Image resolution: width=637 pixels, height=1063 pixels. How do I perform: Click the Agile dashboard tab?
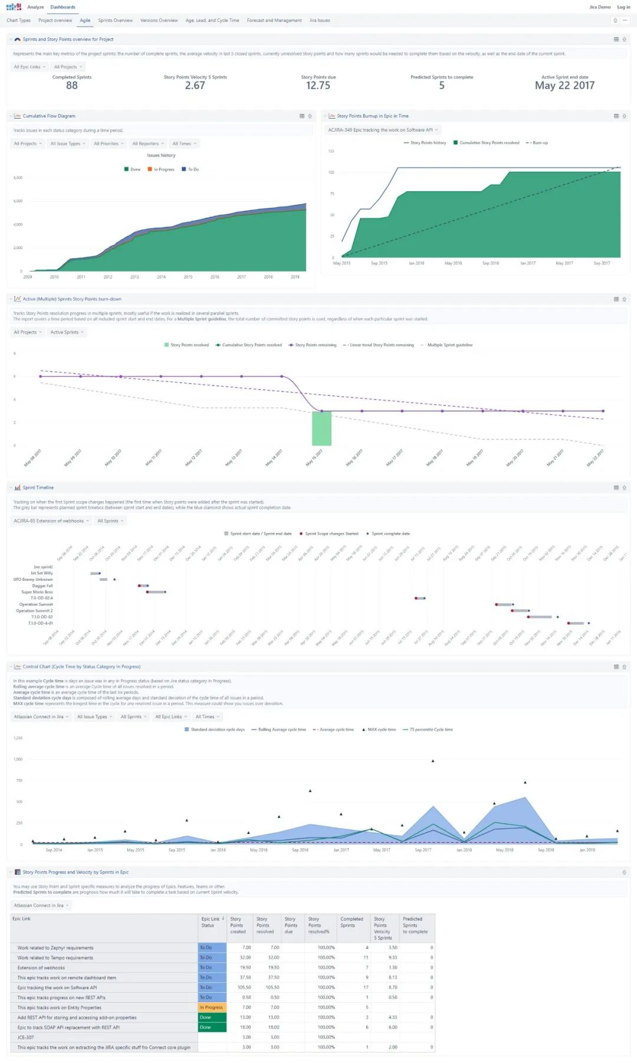click(85, 21)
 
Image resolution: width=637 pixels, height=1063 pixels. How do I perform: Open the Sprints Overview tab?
click(115, 21)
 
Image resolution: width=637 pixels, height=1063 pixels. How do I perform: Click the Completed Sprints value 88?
click(72, 86)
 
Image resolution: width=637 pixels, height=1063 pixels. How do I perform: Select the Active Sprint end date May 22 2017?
click(564, 86)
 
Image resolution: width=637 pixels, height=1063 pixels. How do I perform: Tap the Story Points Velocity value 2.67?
click(195, 86)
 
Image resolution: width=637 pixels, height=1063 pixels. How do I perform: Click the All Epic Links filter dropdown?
click(29, 67)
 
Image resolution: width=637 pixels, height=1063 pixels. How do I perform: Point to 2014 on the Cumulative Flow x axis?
click(161, 277)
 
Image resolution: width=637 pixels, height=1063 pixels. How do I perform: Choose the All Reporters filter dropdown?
click(147, 143)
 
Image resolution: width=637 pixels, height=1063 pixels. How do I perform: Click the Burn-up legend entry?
click(537, 143)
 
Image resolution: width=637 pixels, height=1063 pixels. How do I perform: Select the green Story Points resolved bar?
click(321, 428)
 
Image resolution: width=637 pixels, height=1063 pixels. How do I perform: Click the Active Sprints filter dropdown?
click(67, 332)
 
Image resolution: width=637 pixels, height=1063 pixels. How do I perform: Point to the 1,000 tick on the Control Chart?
click(18, 759)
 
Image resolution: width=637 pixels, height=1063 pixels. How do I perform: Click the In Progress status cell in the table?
click(212, 1008)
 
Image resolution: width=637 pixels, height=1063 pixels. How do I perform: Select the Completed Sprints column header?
click(352, 922)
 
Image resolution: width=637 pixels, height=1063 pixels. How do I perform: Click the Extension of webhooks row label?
click(41, 968)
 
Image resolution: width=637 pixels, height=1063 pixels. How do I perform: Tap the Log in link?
click(623, 7)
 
